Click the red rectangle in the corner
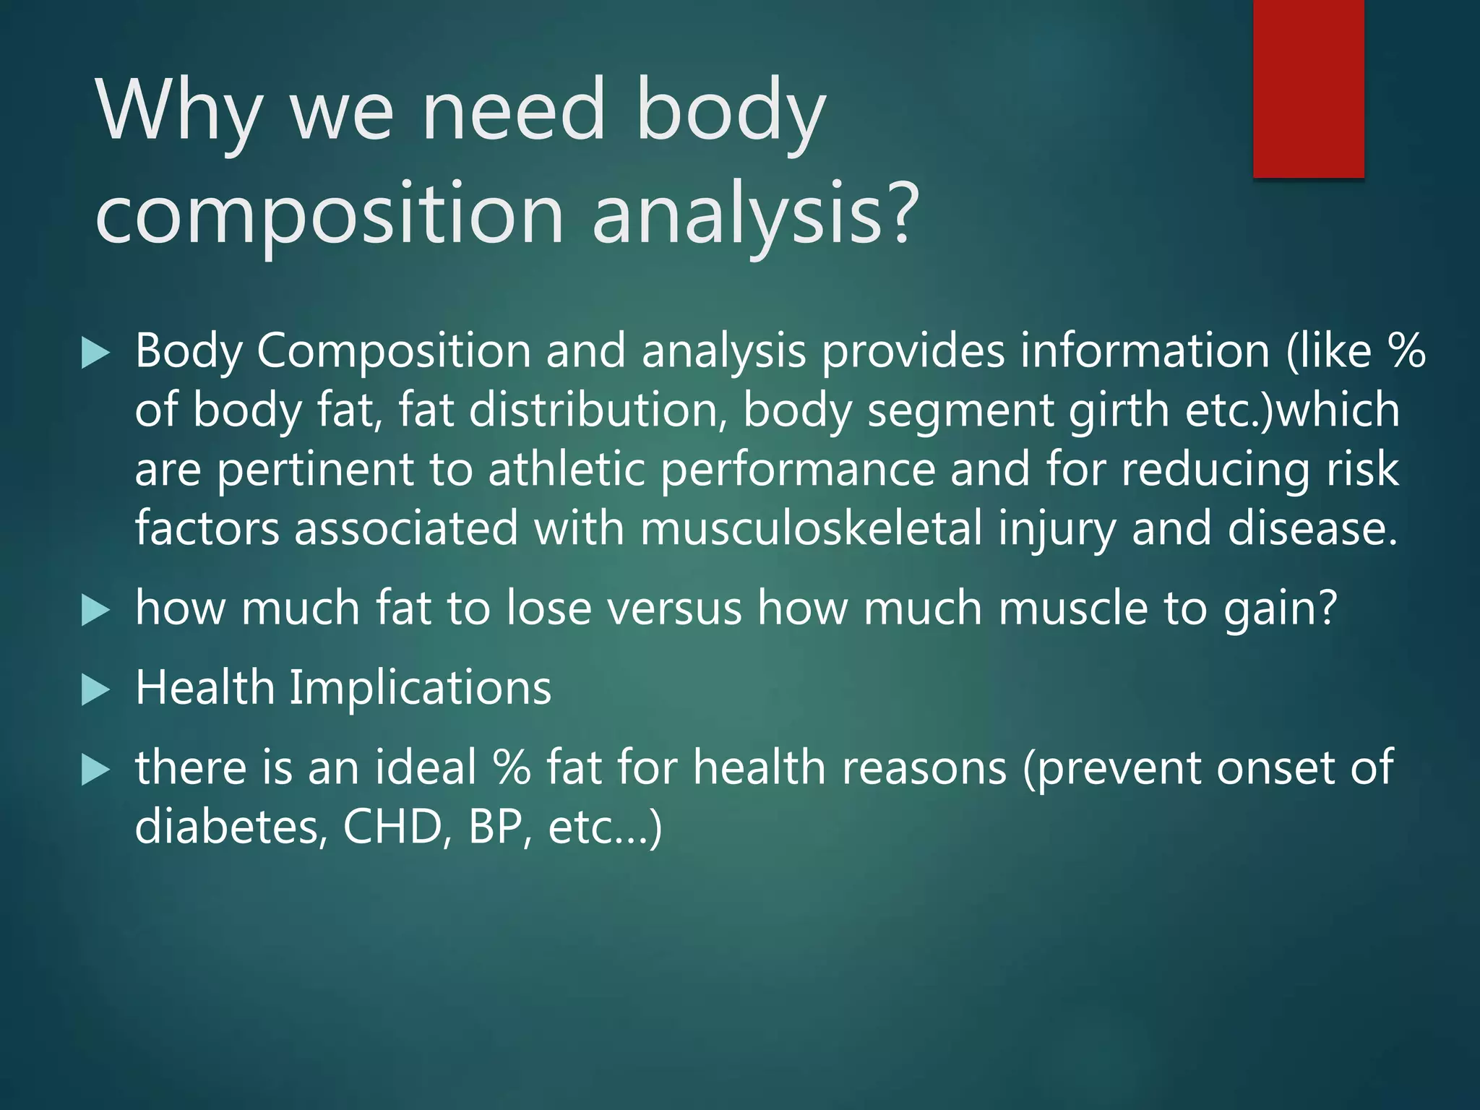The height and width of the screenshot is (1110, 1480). pyautogui.click(x=1308, y=88)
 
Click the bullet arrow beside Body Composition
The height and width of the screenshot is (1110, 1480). pyautogui.click(x=95, y=353)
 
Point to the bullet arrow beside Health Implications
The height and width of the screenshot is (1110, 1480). pyautogui.click(x=95, y=689)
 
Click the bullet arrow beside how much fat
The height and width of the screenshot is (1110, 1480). pyautogui.click(x=95, y=610)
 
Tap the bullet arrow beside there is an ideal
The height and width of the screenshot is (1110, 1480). pyautogui.click(x=95, y=770)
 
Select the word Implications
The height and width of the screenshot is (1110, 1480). pyautogui.click(x=420, y=688)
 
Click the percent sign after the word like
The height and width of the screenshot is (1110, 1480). pyautogui.click(x=1406, y=352)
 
